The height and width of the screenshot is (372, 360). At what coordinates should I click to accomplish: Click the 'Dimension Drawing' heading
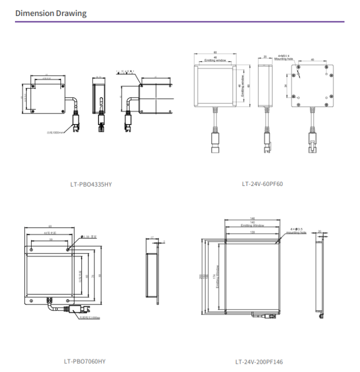51,13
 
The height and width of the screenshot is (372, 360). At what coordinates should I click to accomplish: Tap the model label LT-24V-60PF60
262,184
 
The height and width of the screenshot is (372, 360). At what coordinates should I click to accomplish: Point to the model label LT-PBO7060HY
84,361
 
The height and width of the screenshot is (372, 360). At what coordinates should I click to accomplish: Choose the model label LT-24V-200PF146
259,361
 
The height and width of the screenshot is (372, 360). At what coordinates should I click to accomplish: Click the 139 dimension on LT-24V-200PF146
252,232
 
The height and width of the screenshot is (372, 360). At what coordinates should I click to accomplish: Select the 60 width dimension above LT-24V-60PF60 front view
215,53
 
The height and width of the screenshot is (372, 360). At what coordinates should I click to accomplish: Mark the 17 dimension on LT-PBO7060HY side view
151,237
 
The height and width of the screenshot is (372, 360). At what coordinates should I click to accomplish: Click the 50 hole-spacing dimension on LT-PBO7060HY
50,241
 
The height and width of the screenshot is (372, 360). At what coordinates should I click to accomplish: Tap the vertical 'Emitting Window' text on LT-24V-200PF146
217,276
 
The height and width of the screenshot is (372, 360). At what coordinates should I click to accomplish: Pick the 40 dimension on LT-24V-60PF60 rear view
313,59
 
